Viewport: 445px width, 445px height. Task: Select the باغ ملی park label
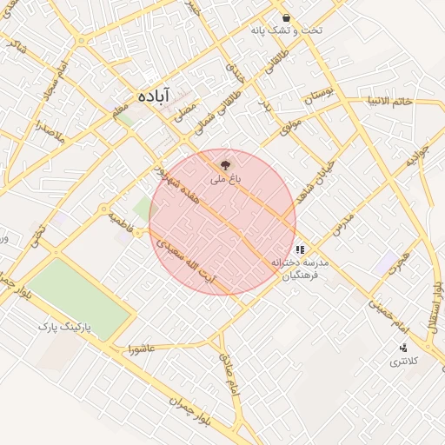pyautogui.click(x=223, y=179)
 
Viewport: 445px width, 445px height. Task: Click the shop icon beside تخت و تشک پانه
pyautogui.click(x=286, y=17)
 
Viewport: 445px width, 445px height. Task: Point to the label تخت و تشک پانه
pyautogui.click(x=282, y=30)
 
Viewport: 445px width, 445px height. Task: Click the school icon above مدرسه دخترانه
pyautogui.click(x=300, y=249)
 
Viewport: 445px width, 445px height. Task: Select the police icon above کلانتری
pyautogui.click(x=402, y=347)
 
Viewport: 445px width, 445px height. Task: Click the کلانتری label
pyautogui.click(x=403, y=361)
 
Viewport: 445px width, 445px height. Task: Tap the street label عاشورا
pyautogui.click(x=141, y=349)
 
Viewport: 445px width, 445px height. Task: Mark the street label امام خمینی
pyautogui.click(x=388, y=314)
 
